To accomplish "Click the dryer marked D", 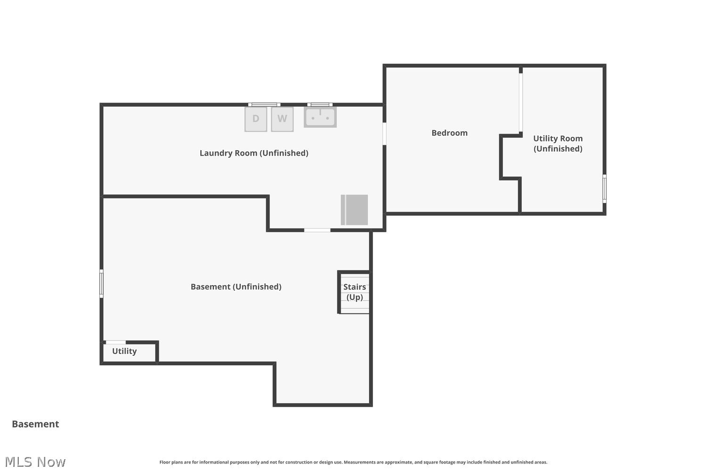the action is (x=255, y=119).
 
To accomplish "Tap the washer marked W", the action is (x=282, y=119).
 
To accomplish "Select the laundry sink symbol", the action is (x=320, y=117).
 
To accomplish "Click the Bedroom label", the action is (x=450, y=133).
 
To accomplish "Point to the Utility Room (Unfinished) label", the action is (x=558, y=143).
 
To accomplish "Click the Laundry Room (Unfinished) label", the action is (x=254, y=153).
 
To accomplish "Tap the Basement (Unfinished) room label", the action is (x=236, y=287).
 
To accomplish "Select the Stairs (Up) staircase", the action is (x=354, y=293).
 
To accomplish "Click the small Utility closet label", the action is (x=124, y=351).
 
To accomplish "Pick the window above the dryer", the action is (x=264, y=105).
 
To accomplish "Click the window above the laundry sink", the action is (x=320, y=105).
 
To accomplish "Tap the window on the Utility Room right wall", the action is (x=604, y=189).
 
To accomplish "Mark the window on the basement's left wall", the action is (x=101, y=284).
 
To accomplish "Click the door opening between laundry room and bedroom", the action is (x=384, y=134).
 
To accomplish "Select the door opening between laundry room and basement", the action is (x=317, y=230).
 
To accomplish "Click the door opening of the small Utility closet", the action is (x=115, y=342).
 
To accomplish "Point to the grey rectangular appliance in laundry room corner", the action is (x=354, y=210).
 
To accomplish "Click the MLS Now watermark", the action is (x=35, y=462).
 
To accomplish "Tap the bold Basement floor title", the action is (x=35, y=424).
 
